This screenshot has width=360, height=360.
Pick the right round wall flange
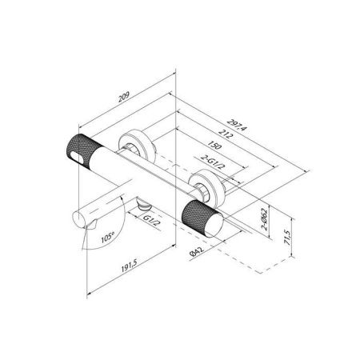205,184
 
